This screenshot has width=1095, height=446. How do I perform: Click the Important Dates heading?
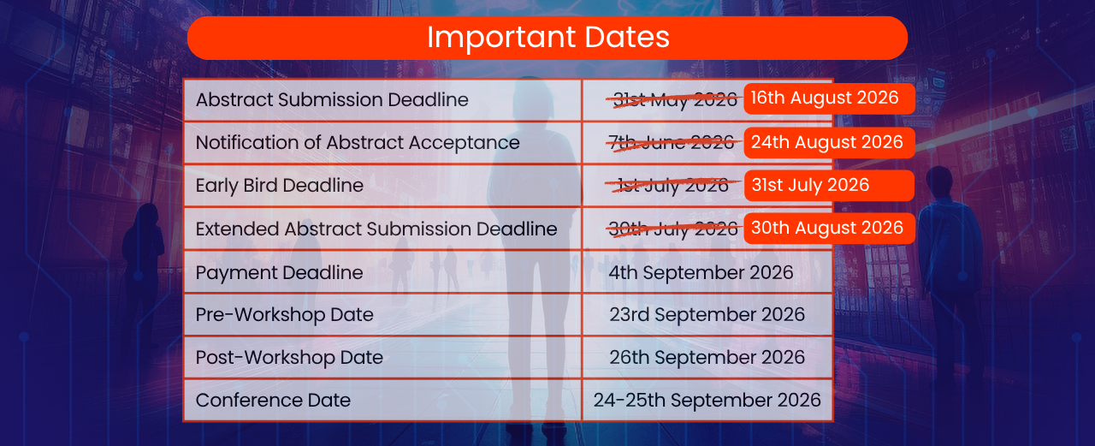(x=548, y=37)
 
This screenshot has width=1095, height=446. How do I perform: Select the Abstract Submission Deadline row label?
(x=332, y=100)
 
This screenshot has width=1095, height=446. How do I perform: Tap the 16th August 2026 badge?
(x=829, y=98)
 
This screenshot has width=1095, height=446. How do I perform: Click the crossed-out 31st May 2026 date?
(x=675, y=100)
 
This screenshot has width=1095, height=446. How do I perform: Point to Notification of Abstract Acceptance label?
(x=358, y=143)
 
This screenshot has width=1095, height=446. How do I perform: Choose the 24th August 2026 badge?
(x=829, y=143)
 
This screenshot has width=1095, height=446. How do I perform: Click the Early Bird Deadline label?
(x=279, y=186)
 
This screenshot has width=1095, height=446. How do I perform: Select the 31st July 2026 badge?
(x=829, y=186)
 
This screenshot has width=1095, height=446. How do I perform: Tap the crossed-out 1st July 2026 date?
(x=672, y=186)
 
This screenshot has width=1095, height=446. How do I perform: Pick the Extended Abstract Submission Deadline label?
(x=376, y=229)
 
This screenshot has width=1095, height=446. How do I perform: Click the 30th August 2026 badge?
(x=829, y=229)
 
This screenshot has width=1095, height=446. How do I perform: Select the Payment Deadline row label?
(x=279, y=272)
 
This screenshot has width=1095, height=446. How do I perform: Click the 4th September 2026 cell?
(x=701, y=272)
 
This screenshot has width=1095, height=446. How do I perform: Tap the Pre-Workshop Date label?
(x=285, y=315)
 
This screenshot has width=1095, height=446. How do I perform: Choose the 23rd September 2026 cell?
(x=707, y=315)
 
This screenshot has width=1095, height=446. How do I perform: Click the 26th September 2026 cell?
(x=707, y=358)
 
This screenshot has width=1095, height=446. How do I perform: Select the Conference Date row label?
(x=273, y=401)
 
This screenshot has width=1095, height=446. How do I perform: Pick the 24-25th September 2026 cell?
(x=707, y=401)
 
